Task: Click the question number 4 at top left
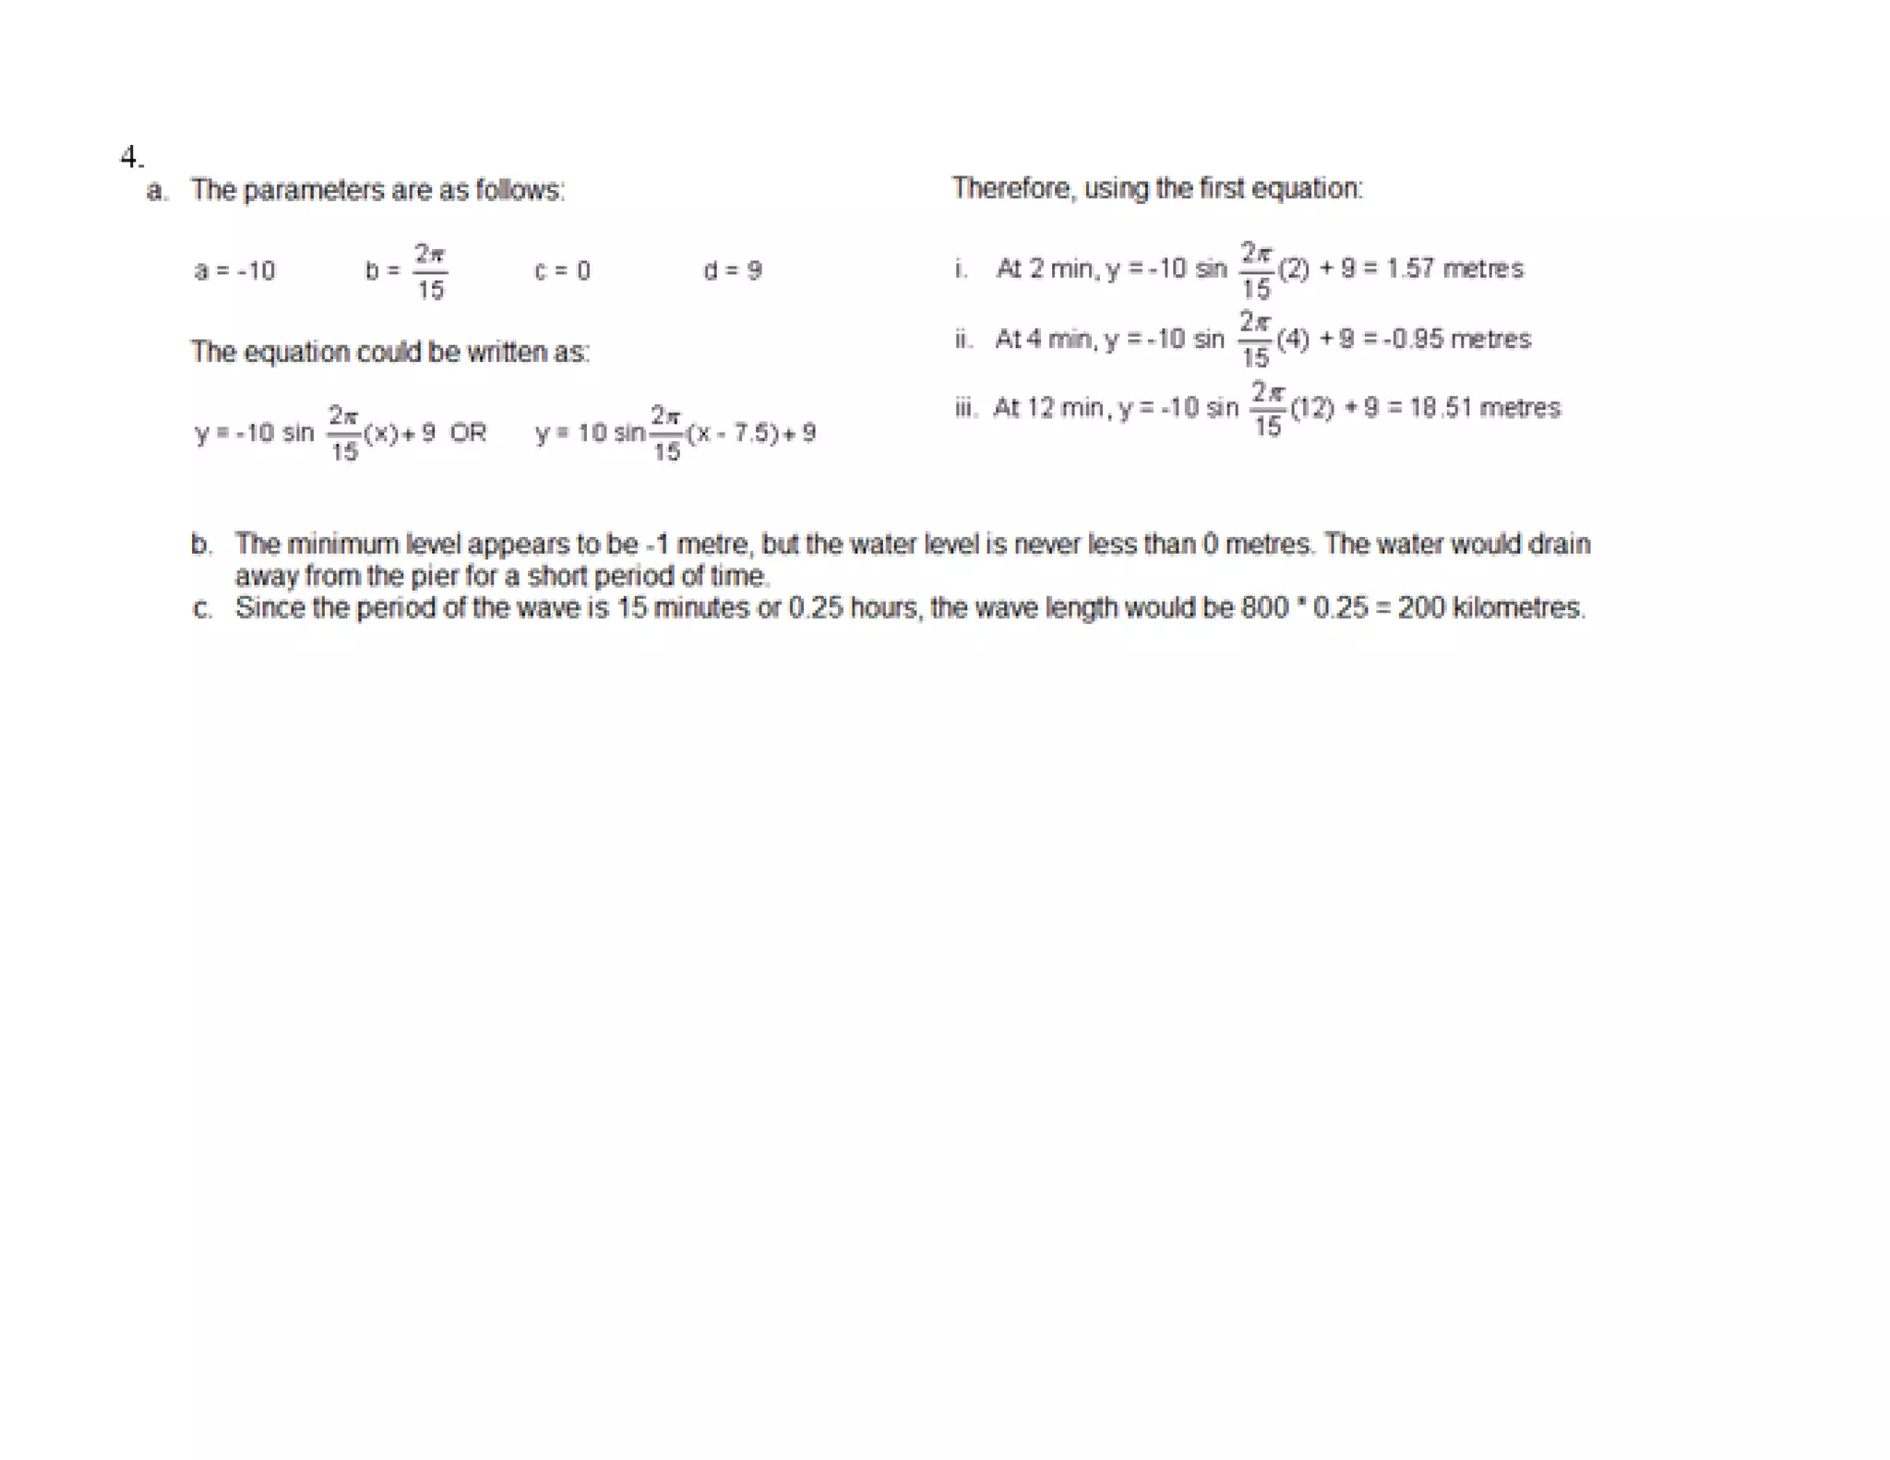click(x=130, y=157)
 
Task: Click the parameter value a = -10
click(x=234, y=270)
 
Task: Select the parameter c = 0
click(x=562, y=270)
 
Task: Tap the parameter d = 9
click(x=732, y=270)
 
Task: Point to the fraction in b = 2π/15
click(x=429, y=271)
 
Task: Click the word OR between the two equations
click(x=468, y=432)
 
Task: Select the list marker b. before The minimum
click(x=201, y=544)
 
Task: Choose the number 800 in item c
click(x=1263, y=608)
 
